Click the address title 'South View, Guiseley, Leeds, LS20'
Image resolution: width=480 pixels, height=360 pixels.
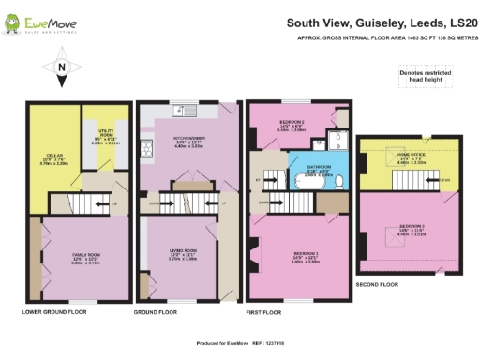(381, 22)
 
